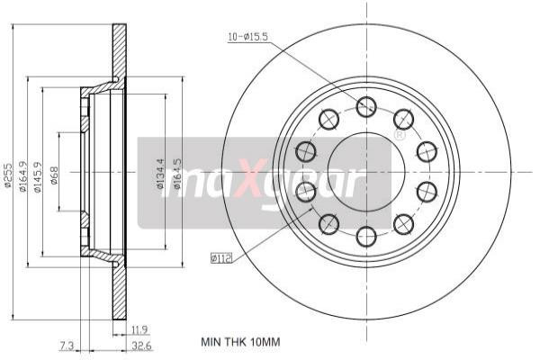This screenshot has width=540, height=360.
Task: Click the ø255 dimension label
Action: click(x=8, y=179)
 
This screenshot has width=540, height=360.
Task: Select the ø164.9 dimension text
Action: click(x=23, y=179)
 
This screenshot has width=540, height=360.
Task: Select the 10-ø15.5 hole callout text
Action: click(x=248, y=37)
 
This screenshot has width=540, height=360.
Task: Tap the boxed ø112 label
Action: click(x=221, y=258)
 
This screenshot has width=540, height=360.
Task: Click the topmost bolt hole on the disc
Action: click(x=365, y=107)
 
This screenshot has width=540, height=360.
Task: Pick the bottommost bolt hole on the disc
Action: click(x=365, y=236)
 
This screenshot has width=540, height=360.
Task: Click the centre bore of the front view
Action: click(x=365, y=171)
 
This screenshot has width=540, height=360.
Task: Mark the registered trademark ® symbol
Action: click(x=399, y=135)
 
